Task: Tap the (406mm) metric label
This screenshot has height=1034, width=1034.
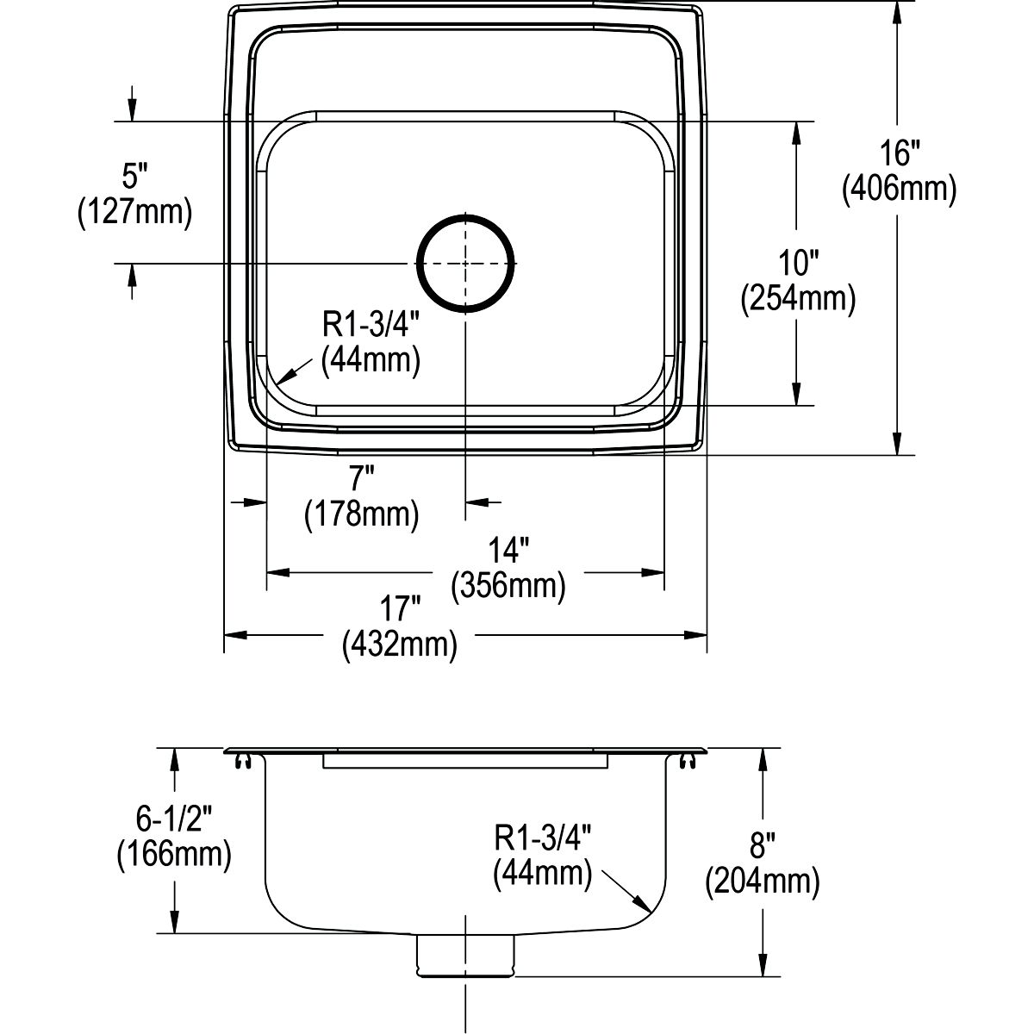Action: pos(899,189)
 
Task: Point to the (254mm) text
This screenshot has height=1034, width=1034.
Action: pos(798,298)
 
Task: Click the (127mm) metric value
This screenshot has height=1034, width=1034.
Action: pos(134,212)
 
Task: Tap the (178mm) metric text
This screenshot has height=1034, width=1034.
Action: pos(362,514)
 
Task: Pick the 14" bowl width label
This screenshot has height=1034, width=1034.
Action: pos(508,551)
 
